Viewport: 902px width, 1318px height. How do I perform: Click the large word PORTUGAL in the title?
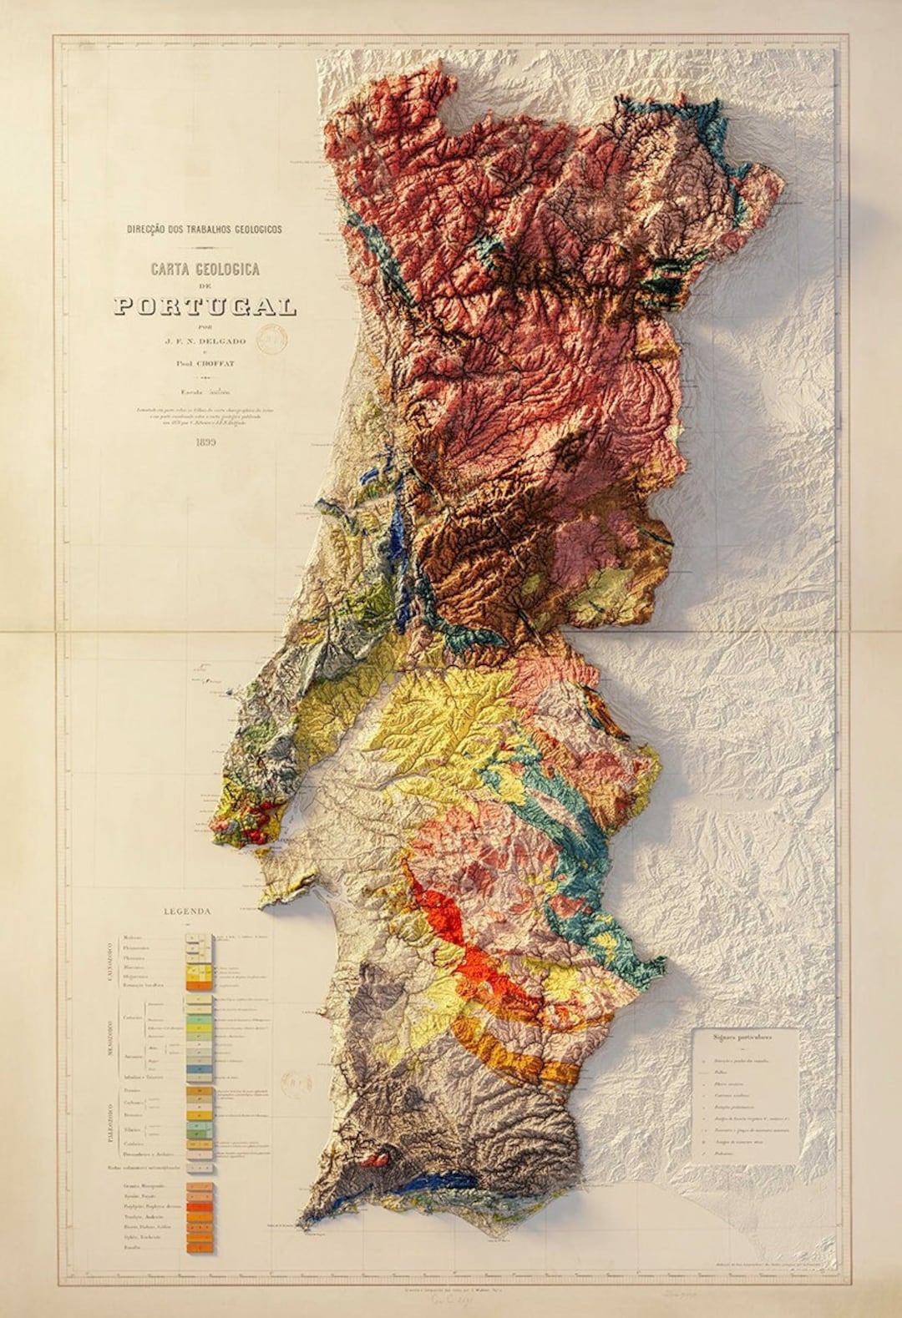(205, 306)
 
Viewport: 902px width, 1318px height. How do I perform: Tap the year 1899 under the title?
(205, 442)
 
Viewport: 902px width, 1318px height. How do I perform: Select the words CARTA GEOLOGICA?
(205, 269)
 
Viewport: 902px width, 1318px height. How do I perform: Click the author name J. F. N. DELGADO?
(205, 340)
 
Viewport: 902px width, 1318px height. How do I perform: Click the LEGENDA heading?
(188, 911)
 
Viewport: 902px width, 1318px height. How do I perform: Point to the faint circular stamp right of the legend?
(294, 1085)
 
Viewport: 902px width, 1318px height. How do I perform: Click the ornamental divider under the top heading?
(205, 248)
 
